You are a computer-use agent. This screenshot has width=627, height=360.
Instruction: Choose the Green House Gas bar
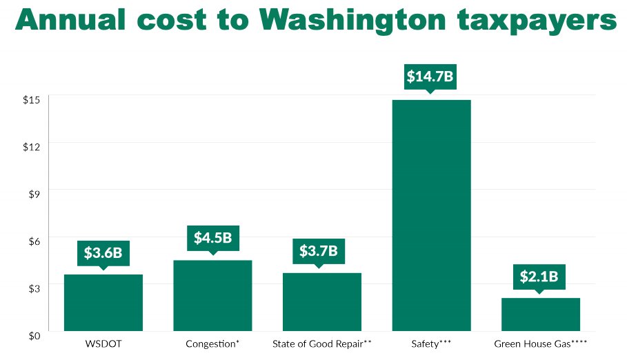[x=540, y=315]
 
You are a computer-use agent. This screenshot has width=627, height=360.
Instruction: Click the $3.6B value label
[x=103, y=253]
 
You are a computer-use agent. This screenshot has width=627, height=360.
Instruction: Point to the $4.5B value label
[x=212, y=239]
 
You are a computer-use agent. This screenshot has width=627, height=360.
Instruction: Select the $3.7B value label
[x=318, y=251]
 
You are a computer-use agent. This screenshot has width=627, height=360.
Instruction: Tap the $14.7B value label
[x=430, y=77]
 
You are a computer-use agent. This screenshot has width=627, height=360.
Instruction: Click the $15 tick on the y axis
[x=32, y=99]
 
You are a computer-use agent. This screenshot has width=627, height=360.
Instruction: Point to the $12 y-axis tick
[x=32, y=146]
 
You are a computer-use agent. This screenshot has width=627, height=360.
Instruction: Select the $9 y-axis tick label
[x=34, y=193]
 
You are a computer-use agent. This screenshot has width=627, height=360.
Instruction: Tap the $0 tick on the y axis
[x=34, y=334]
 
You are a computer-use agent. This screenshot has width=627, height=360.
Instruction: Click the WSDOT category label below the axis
[x=103, y=343]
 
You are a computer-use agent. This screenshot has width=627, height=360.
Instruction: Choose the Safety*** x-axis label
[x=431, y=343]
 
